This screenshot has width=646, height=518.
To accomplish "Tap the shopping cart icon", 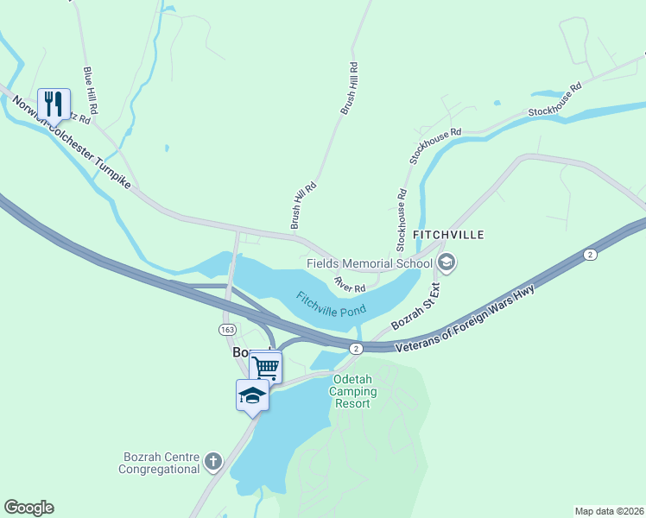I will (x=265, y=368).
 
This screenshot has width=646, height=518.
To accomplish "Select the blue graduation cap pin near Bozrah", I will (x=252, y=395).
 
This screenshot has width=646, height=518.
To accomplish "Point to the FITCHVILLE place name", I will (x=448, y=235).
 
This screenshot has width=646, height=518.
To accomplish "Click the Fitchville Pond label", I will (x=331, y=305).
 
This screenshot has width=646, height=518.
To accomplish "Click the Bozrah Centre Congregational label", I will (x=161, y=463).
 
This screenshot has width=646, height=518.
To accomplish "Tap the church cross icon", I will (x=214, y=462).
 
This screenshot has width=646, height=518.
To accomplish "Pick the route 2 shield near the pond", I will (x=356, y=348).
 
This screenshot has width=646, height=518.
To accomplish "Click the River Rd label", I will (x=351, y=283).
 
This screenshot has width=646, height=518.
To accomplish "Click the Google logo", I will (x=28, y=508).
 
